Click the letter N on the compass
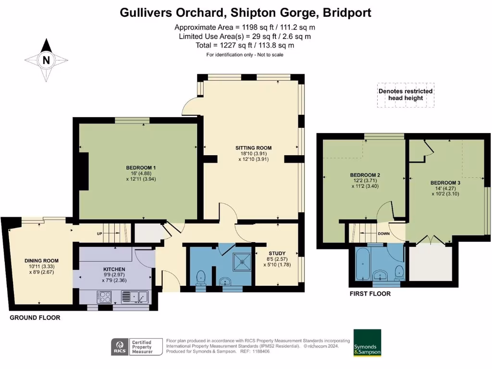click(x=46, y=61)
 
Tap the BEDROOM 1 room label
click(x=137, y=168)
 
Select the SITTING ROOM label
click(x=253, y=148)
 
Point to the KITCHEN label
click(x=114, y=269)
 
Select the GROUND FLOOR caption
click(x=35, y=318)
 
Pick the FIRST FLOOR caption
click(x=370, y=294)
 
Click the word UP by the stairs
click(x=99, y=234)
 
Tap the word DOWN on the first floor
click(x=384, y=234)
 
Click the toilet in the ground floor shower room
click(x=201, y=277)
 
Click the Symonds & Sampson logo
click(x=367, y=343)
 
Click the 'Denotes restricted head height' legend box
click(x=405, y=94)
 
